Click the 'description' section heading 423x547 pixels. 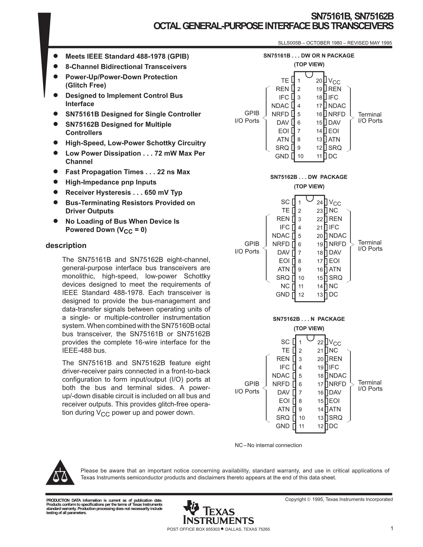pos(66,246)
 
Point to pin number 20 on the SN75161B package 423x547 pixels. pos(319,81)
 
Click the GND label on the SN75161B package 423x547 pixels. pos(282,156)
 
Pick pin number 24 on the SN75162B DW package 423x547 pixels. pos(320,202)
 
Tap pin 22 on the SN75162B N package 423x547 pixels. pos(320,342)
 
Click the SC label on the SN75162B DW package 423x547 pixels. pos(285,202)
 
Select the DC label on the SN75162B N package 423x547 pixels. pos(333,426)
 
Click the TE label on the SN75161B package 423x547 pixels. pos(285,80)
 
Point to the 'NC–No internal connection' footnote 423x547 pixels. pos(268,445)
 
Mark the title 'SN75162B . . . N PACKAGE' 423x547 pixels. pos(309,319)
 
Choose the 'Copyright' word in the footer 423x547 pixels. pos(295,499)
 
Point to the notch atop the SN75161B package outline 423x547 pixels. pos(309,74)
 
